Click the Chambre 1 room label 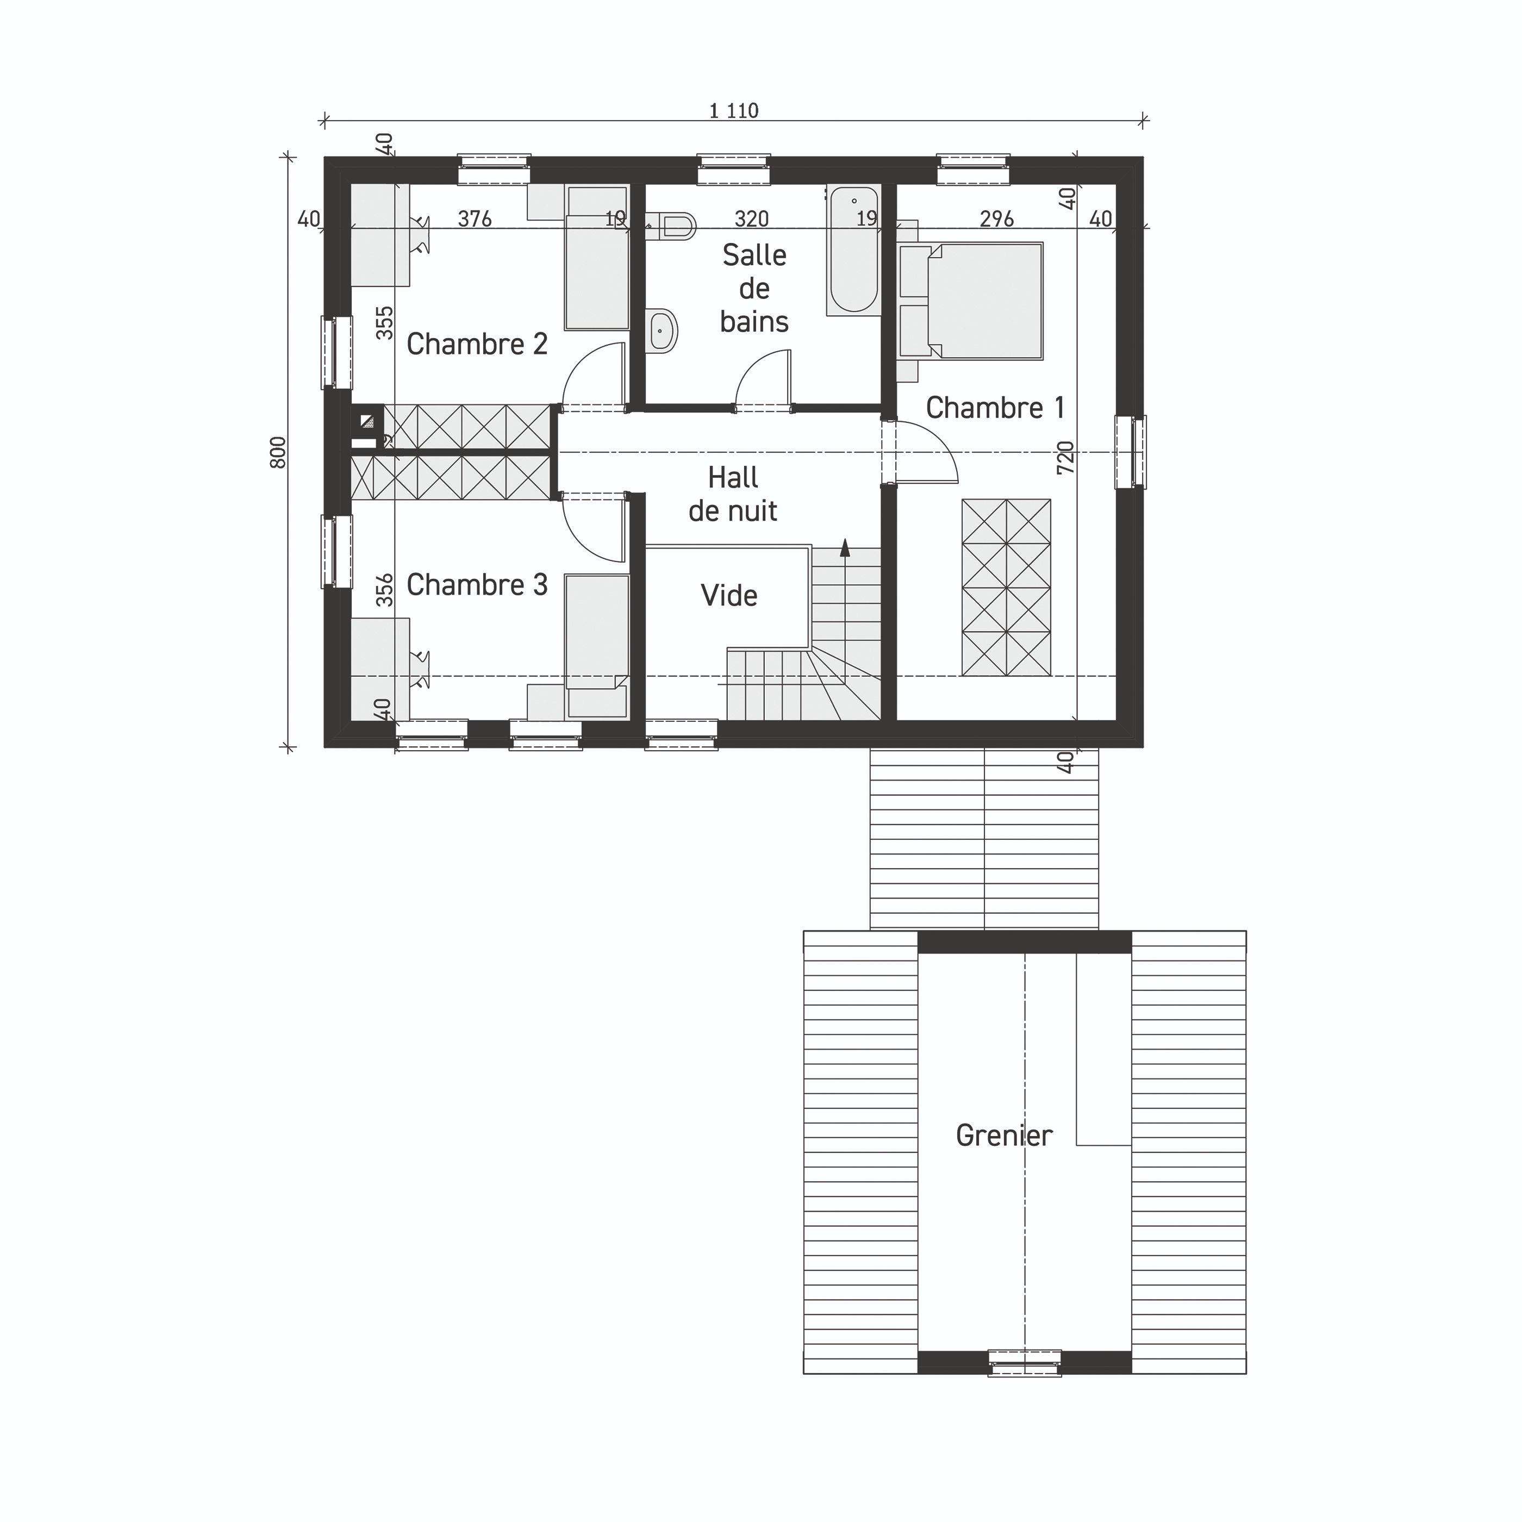995,408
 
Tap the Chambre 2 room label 477,344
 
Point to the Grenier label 1003,1135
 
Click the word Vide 729,596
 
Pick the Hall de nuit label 733,494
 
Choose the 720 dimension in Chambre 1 1065,457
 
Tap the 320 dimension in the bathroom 752,219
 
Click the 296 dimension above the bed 996,219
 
